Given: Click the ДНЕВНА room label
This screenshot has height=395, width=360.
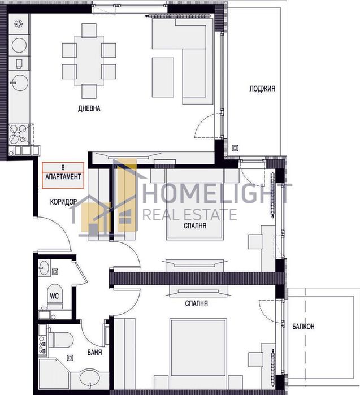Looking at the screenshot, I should pos(89,109).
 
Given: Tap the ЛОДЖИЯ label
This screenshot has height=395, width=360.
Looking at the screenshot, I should pos(262,88).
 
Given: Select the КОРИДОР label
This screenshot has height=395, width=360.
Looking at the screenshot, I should pos(64,202).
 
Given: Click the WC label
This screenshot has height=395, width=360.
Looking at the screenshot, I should pos(54,296).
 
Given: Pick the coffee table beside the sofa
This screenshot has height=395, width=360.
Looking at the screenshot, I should pos(163,77).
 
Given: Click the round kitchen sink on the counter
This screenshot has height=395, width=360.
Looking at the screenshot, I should pos(20,83).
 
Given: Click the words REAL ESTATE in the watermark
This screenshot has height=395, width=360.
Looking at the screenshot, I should pos(189,215).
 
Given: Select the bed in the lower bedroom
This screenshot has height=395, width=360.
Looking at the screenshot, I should pos(198,347).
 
